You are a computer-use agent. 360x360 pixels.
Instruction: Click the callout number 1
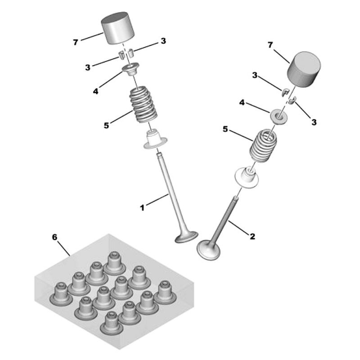(x=142, y=208)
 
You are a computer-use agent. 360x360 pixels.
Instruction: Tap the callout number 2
(x=252, y=236)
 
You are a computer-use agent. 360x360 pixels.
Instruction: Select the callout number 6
(x=54, y=237)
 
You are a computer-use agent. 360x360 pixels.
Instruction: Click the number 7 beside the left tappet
(x=76, y=42)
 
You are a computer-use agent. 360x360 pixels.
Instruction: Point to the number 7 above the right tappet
(x=270, y=45)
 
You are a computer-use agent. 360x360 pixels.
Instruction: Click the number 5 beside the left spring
(x=106, y=126)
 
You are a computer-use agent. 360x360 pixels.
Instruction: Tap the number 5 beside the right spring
(x=225, y=129)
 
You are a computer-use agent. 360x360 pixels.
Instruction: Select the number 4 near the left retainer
(x=95, y=91)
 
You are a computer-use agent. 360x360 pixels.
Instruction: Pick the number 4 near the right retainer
(x=242, y=103)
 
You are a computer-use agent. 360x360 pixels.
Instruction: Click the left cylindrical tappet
(x=117, y=27)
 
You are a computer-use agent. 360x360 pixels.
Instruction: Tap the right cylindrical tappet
(x=304, y=69)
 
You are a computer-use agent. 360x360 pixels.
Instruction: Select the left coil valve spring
(x=144, y=104)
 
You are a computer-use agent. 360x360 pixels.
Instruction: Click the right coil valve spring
(x=263, y=146)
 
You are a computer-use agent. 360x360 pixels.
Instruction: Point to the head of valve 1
(x=186, y=237)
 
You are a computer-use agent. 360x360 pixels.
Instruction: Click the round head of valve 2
(x=208, y=250)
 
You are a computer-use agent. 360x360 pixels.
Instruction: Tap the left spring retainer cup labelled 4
(x=130, y=69)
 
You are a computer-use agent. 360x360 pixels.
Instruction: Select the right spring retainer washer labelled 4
(x=279, y=116)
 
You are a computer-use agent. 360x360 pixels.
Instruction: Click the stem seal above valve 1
(x=155, y=139)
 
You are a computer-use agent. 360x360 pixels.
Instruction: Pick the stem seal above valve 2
(x=247, y=178)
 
